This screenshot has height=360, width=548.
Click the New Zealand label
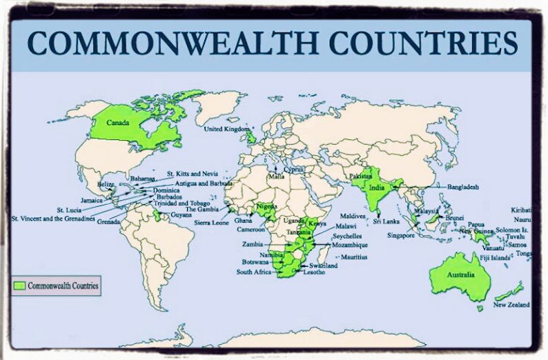click(x=511, y=305)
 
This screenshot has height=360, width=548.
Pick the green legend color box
click(x=19, y=284)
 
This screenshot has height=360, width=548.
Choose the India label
click(x=376, y=188)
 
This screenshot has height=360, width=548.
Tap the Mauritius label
click(x=350, y=257)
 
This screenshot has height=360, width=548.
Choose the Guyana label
click(x=182, y=216)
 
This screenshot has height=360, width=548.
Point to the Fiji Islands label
click(x=495, y=258)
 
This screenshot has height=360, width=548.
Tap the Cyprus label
click(x=293, y=169)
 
